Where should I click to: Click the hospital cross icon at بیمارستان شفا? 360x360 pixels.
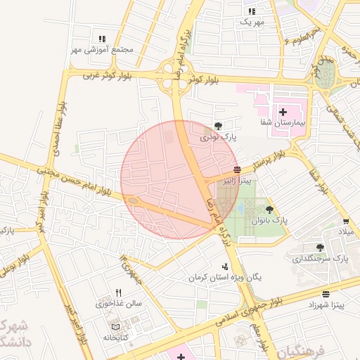click(x=283, y=112)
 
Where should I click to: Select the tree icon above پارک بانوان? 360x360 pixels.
click(x=269, y=209)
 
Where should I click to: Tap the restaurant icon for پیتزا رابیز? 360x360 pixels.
click(x=237, y=169)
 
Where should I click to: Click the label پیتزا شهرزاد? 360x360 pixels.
click(x=326, y=305)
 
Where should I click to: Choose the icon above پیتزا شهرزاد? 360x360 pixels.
click(x=326, y=294)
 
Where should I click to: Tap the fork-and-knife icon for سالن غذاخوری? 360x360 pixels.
click(x=118, y=292)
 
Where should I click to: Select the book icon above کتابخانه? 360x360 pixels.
click(x=115, y=327)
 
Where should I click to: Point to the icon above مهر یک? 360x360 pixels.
click(x=252, y=11)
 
